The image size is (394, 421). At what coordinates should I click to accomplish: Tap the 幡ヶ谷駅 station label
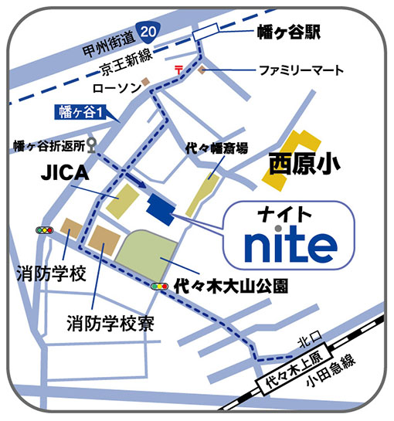[x=287, y=32]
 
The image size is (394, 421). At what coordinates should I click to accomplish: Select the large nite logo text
[x=290, y=243]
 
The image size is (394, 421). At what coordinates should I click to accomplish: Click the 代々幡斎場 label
[x=217, y=147]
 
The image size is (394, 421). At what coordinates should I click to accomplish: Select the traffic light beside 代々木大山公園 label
[x=161, y=286]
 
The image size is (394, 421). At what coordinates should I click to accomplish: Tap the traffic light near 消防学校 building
[x=44, y=230]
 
